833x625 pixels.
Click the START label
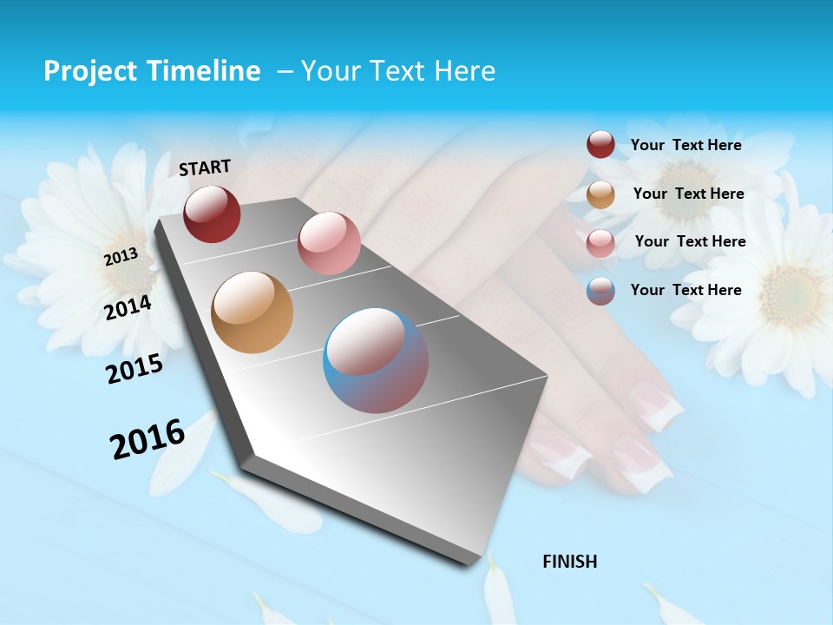point(205,168)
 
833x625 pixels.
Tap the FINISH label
point(569,562)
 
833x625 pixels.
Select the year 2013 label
point(121,256)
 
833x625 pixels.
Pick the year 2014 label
point(128,307)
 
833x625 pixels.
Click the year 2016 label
point(147,439)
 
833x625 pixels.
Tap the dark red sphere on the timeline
point(212,214)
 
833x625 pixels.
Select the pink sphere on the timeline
point(329,243)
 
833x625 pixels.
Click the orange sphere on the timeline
point(252,312)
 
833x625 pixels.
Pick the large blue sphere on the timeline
point(376,360)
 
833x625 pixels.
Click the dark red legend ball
point(600,144)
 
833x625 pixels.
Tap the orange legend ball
point(600,194)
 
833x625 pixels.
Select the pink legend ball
point(600,243)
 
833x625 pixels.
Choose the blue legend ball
point(600,291)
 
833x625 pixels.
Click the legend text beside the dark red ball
point(685,145)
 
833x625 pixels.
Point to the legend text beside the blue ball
point(685,290)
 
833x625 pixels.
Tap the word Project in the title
point(89,71)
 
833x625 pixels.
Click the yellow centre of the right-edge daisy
point(790,295)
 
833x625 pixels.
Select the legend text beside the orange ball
point(688,194)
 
